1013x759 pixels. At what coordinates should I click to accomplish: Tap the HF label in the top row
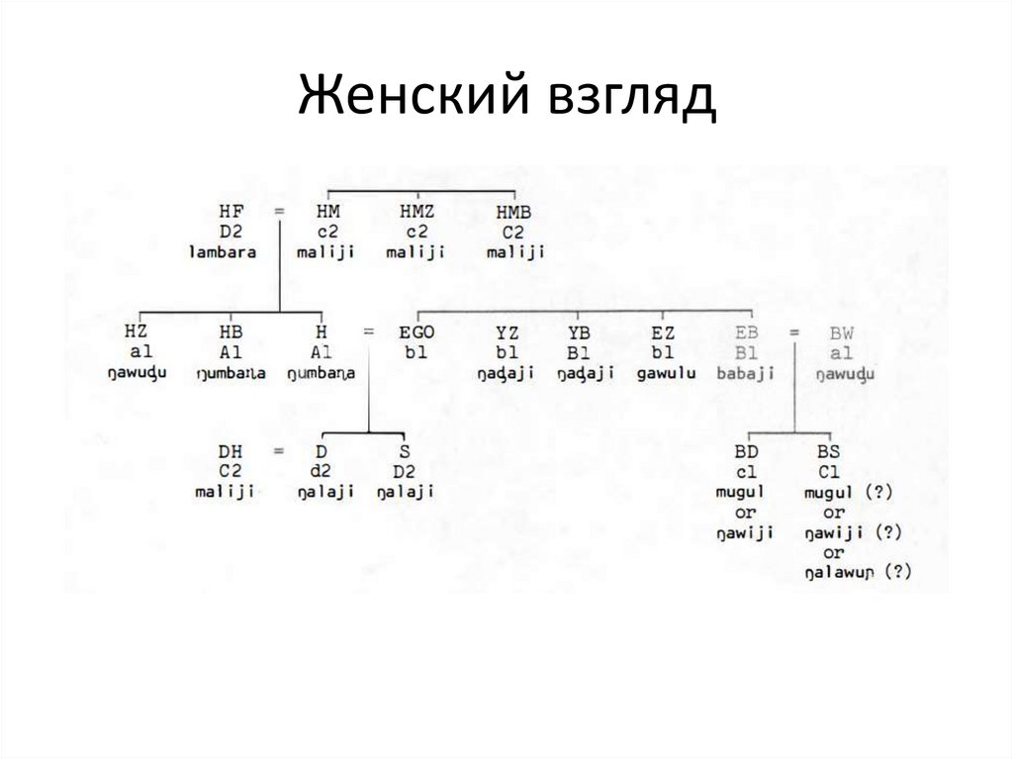[230, 211]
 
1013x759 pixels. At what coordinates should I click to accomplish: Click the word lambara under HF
[223, 251]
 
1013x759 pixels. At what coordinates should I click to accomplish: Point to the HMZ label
[415, 211]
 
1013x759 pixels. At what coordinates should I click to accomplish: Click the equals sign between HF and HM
[279, 211]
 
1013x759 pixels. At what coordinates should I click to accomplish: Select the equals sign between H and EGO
[368, 332]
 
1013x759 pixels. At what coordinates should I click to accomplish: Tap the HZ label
[137, 332]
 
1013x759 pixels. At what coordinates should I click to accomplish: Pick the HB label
[230, 332]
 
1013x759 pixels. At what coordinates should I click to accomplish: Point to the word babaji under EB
[747, 373]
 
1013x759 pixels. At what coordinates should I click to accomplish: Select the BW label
[842, 332]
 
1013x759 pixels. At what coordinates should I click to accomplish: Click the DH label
[230, 451]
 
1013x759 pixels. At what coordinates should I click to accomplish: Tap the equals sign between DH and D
[279, 451]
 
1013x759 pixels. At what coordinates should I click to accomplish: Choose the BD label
[747, 451]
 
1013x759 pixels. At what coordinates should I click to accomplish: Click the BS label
[828, 451]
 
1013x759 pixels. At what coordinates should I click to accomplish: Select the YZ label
[506, 332]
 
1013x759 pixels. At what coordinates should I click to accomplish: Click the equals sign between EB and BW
[794, 332]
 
